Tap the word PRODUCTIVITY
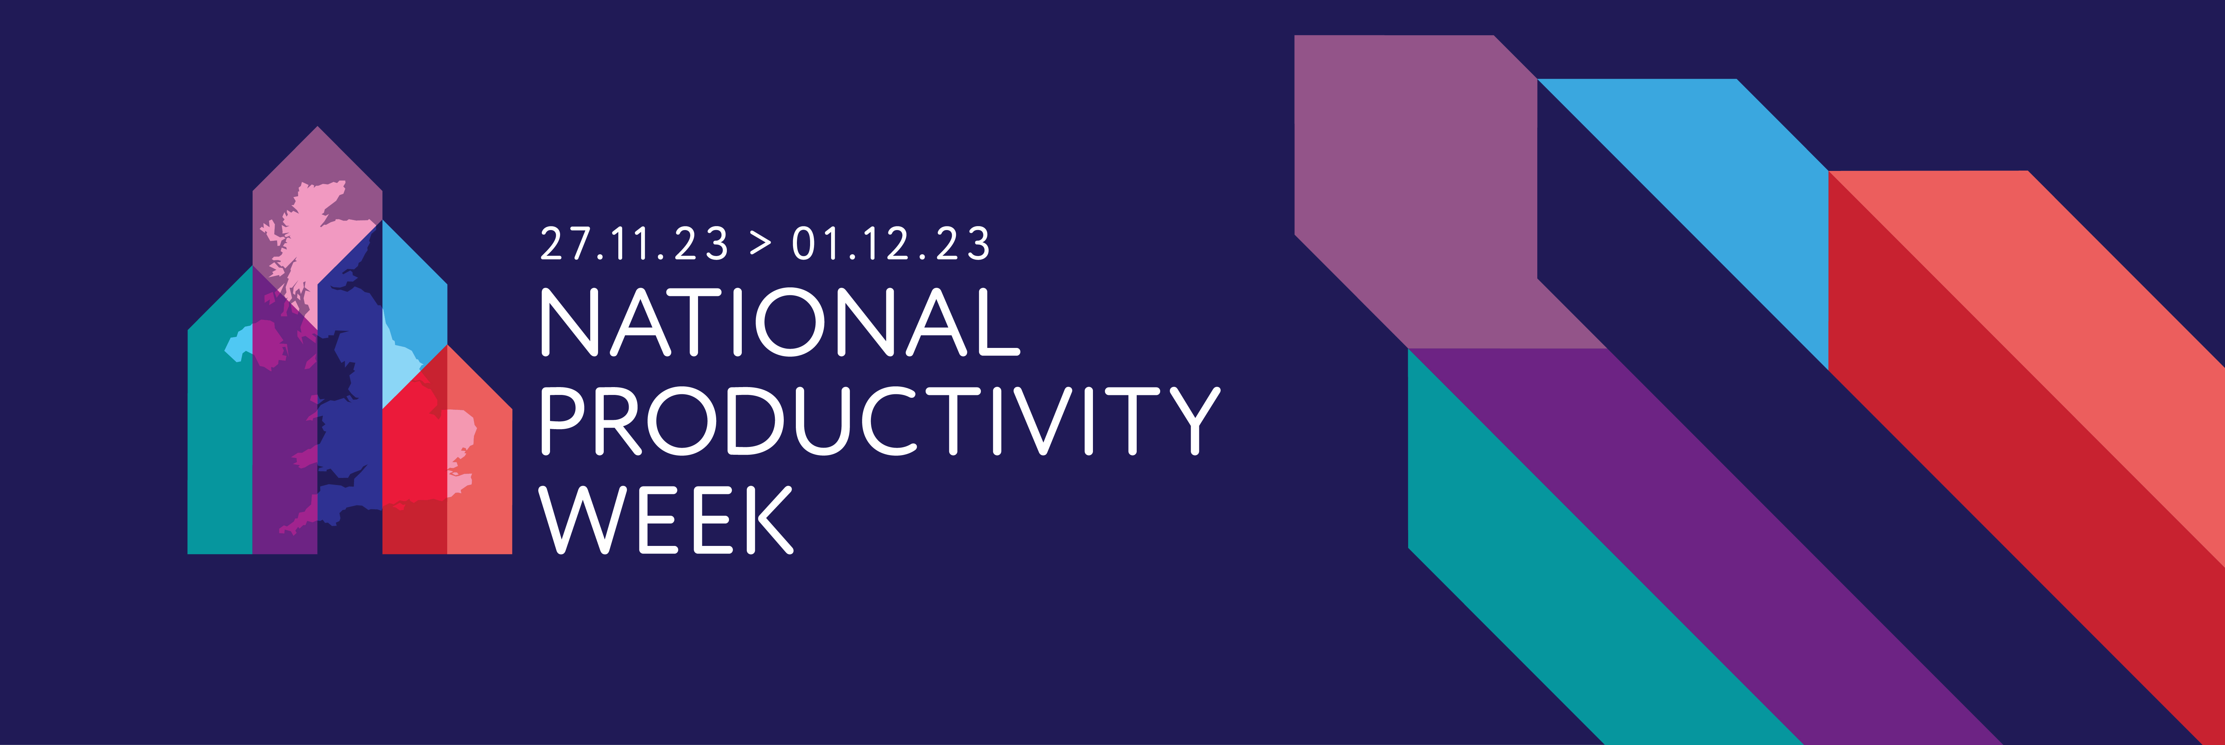coord(879,421)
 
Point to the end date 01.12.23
coord(890,245)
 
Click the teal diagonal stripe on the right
coord(1555,588)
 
